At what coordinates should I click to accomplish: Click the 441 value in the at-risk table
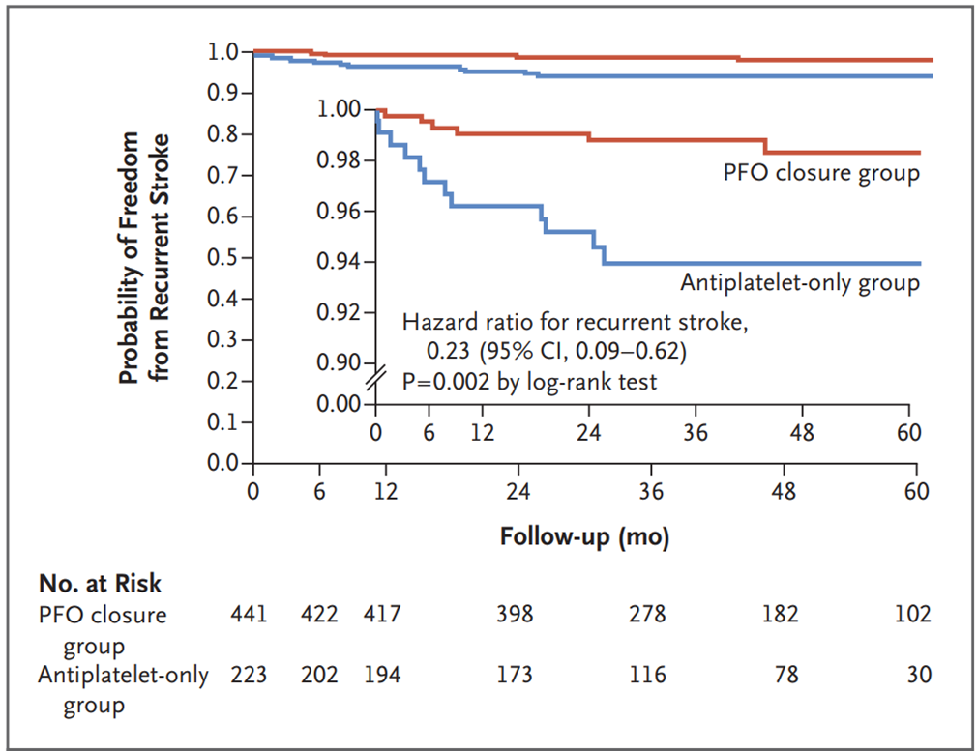point(249,614)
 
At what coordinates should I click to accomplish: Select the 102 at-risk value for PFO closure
point(913,614)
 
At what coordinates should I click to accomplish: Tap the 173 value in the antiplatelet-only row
point(514,675)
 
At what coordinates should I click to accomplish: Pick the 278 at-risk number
point(647,614)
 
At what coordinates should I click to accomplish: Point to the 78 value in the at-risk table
point(786,675)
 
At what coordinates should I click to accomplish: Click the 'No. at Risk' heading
point(100,584)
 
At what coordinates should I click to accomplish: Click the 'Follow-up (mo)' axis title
point(584,536)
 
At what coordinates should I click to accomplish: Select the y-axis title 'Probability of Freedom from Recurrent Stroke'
point(143,257)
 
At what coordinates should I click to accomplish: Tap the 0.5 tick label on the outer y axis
point(222,257)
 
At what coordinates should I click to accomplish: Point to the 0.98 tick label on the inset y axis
point(339,160)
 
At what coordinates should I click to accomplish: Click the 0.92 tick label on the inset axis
point(339,312)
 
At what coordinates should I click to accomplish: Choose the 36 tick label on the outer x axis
point(651,492)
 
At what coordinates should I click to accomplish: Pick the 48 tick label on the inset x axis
point(802,432)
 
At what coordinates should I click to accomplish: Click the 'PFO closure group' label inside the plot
point(821,173)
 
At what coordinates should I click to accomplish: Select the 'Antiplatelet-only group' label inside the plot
point(800,283)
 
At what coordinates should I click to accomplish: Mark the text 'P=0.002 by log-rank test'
point(529,381)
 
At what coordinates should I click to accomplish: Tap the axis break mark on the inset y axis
point(375,379)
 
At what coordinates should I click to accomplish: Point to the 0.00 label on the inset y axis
point(339,404)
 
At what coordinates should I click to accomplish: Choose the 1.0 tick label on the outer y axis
point(222,51)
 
